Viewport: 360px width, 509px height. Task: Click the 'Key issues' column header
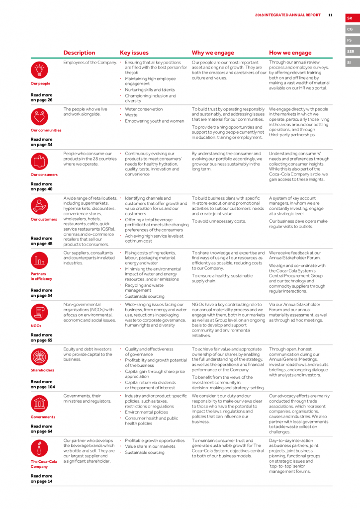tap(134, 53)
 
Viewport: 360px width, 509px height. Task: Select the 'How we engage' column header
tap(290, 53)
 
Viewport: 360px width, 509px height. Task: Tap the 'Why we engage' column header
tap(212, 53)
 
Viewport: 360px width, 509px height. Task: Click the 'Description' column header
tap(79, 53)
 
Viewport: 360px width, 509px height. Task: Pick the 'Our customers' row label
tap(44, 219)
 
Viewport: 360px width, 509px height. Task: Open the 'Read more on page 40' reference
tap(41, 186)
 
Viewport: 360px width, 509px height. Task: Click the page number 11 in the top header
tap(330, 15)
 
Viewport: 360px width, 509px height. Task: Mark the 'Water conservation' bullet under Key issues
tap(143, 109)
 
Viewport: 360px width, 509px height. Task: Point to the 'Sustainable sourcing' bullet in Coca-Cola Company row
tap(145, 452)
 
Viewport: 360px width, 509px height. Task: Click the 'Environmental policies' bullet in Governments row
tap(146, 412)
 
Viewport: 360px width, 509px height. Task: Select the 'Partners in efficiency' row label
tap(41, 276)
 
